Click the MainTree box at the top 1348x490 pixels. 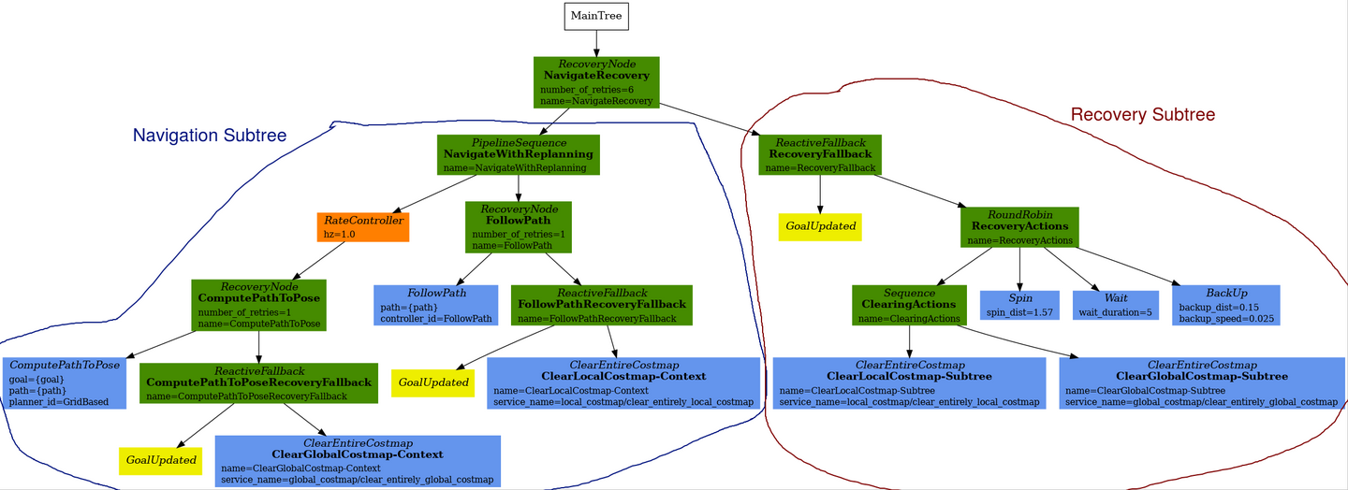pos(596,16)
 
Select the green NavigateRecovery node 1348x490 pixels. pos(596,82)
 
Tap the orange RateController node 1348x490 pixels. pos(363,226)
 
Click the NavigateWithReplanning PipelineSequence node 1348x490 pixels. pos(518,154)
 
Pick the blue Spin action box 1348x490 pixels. pos(1019,305)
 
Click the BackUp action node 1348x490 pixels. pos(1225,305)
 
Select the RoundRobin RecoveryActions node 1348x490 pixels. pos(1019,227)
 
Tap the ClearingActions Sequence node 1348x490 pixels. pos(909,305)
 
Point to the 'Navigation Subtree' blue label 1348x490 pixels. pos(210,136)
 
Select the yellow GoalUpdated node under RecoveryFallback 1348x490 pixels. pos(820,226)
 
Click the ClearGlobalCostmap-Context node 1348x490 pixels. pos(358,460)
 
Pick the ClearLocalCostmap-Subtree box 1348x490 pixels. pos(909,382)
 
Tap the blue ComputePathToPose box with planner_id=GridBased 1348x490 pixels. pos(66,382)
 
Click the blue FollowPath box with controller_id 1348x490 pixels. pos(437,305)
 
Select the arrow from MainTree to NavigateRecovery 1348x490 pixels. pos(596,43)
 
